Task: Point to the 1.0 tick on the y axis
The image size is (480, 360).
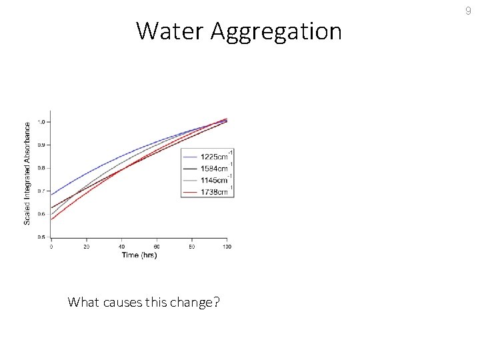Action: click(41, 122)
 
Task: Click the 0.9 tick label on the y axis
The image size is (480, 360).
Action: click(41, 145)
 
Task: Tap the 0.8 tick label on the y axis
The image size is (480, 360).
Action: click(41, 168)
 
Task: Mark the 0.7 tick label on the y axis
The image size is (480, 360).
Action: click(41, 191)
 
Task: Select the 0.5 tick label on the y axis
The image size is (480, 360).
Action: click(41, 237)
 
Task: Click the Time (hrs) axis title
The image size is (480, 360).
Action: click(139, 255)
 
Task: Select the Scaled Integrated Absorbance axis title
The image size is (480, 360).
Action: click(27, 173)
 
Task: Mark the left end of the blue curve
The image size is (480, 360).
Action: click(52, 195)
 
